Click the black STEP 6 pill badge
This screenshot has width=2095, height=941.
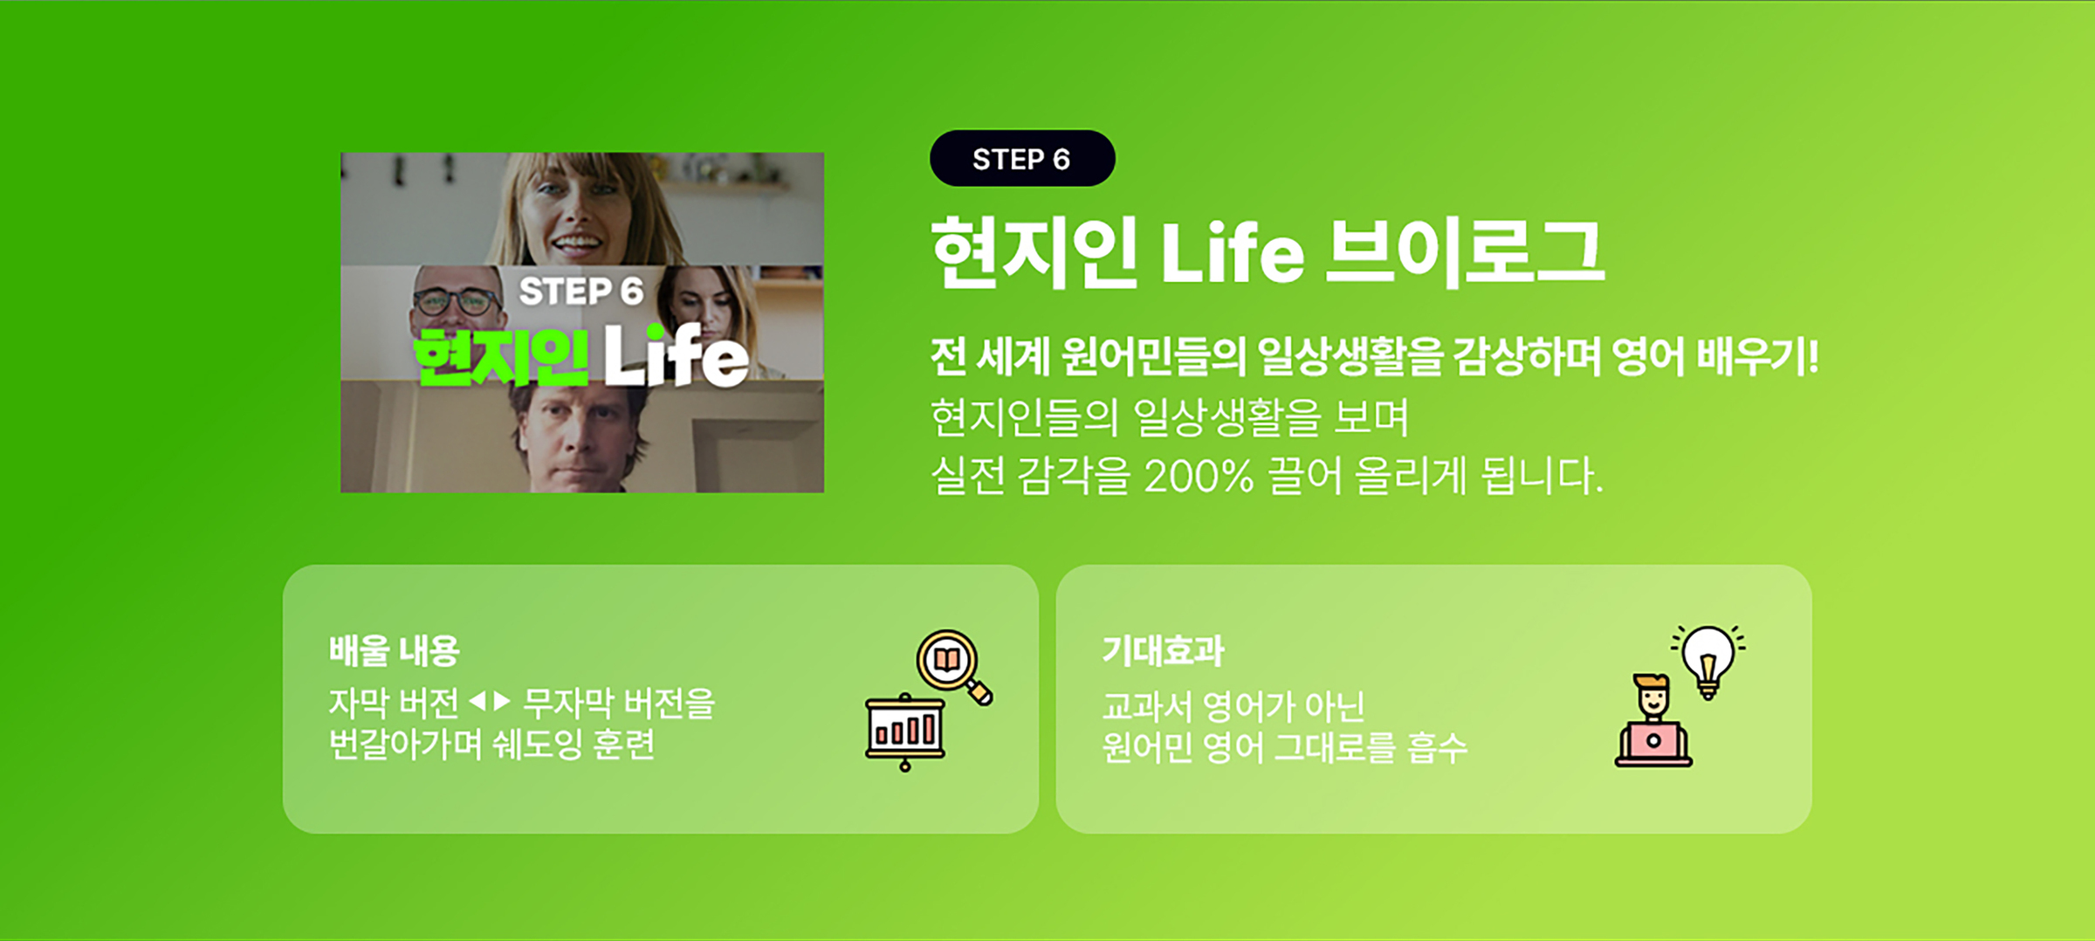pos(1022,158)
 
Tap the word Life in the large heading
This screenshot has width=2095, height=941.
pos(1232,253)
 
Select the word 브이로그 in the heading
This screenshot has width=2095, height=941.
pos(1465,253)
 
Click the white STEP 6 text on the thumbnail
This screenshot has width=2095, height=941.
pos(581,292)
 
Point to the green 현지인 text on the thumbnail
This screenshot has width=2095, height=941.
pos(501,358)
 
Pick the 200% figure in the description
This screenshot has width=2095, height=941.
pos(1199,477)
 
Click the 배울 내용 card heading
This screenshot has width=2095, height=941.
pos(394,651)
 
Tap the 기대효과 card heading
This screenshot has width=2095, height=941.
pos(1163,651)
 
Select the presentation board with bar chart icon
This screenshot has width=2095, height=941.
pos(905,732)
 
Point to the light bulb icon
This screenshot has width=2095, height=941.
pos(1708,661)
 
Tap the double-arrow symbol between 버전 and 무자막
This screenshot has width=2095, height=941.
pos(489,701)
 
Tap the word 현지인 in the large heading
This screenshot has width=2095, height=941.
pos(1035,253)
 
